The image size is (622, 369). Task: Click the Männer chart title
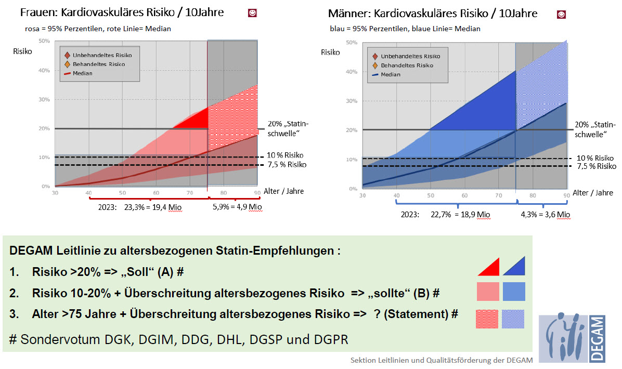433,14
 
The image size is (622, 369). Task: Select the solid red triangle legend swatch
489,266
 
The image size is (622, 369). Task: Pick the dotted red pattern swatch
487,318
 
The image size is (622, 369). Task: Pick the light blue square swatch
514,292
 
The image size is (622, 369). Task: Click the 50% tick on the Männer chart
351,42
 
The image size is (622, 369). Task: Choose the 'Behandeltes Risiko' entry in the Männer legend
407,65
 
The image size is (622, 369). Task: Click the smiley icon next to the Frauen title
252,14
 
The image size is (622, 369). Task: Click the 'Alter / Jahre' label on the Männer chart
593,193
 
